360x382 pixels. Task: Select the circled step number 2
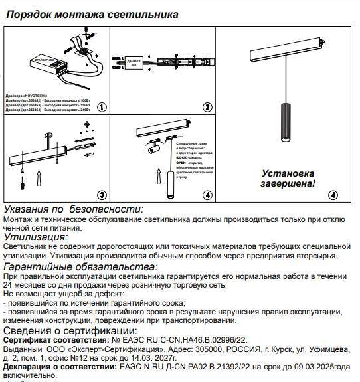(207, 106)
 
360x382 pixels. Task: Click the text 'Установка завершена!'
(287, 177)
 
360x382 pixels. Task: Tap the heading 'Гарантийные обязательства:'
(80, 266)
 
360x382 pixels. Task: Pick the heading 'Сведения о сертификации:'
(70, 330)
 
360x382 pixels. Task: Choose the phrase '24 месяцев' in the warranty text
(26, 284)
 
